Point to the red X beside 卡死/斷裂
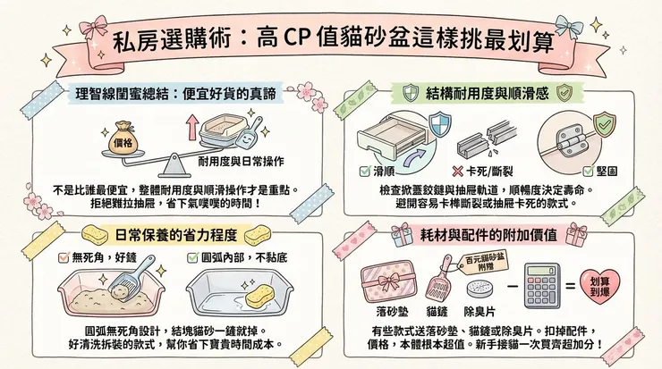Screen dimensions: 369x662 [457, 170]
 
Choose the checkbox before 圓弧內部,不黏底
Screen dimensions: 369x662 [192, 257]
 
